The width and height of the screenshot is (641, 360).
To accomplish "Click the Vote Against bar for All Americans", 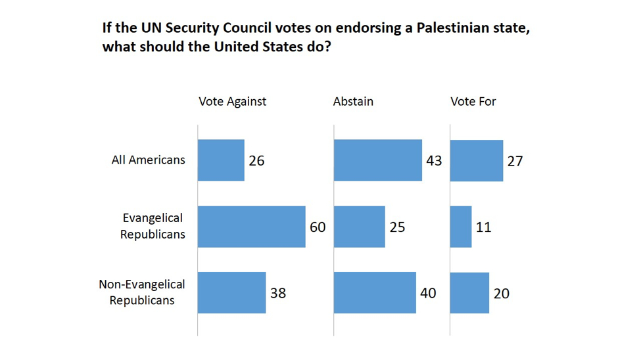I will click(221, 160).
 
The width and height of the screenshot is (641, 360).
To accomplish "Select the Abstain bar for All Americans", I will click(377, 160).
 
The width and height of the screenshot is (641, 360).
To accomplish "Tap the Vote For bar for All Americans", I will click(476, 160).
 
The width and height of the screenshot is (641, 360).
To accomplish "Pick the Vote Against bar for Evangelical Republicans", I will click(251, 227).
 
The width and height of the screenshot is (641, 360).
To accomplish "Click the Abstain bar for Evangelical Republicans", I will click(359, 227).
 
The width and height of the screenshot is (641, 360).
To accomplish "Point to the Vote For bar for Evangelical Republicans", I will click(460, 227).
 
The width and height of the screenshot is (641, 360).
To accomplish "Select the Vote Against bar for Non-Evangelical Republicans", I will click(231, 292).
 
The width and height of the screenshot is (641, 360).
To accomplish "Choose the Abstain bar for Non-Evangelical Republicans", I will click(375, 292).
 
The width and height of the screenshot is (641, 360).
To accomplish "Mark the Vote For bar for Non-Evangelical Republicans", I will click(469, 292).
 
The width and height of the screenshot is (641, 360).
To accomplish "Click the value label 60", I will click(318, 227).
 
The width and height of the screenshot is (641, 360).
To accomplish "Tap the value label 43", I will click(434, 160).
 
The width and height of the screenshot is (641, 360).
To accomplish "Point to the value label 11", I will click(484, 227).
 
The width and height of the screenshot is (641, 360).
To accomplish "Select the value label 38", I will click(278, 293).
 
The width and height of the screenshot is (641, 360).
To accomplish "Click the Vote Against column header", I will click(232, 101).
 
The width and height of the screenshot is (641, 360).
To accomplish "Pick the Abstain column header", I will click(353, 101).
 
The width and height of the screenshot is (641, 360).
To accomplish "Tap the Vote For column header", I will click(473, 101).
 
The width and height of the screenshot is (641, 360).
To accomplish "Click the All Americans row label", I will click(149, 160).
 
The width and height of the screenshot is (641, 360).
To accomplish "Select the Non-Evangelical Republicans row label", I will click(142, 292).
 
